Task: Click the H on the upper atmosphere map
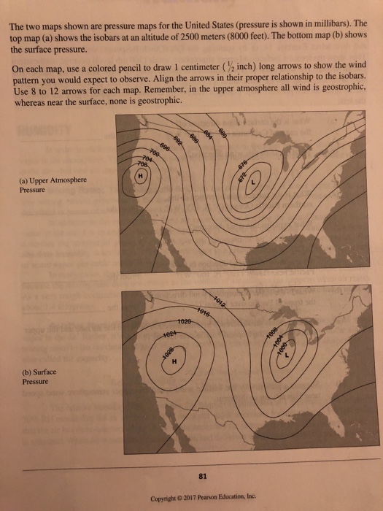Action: pos(139,175)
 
